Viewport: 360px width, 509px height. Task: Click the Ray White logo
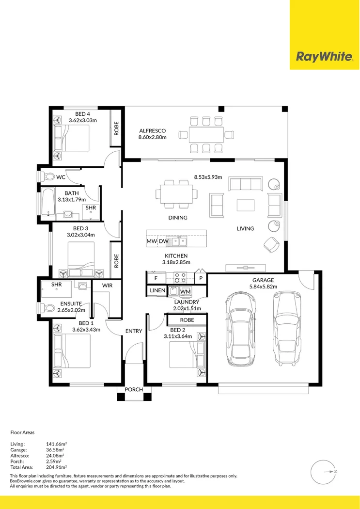(324, 57)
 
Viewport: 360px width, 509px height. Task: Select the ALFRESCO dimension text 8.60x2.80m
(153, 137)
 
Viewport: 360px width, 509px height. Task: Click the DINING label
(178, 218)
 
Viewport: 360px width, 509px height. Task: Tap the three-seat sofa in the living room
(245, 184)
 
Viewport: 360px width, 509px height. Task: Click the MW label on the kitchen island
(151, 241)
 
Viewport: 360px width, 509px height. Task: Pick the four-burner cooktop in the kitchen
(180, 278)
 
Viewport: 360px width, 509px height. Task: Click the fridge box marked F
(156, 278)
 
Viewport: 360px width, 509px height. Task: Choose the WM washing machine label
(185, 291)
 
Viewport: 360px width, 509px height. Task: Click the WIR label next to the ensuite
(107, 286)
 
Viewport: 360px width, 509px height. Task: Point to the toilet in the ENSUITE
(48, 307)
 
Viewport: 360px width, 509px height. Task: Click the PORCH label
(134, 390)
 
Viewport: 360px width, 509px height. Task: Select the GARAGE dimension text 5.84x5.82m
(263, 287)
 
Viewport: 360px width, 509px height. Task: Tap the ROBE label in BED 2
(187, 320)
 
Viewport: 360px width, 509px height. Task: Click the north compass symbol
(322, 471)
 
